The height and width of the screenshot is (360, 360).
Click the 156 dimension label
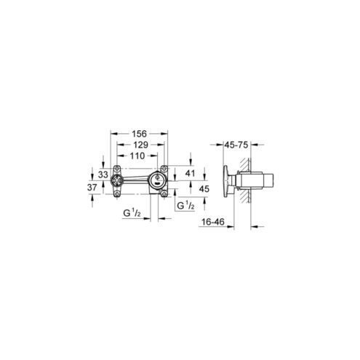[140, 134]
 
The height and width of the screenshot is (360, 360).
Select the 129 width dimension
[141, 145]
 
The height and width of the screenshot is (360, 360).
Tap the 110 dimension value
[137, 156]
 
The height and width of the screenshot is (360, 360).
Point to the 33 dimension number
[103, 175]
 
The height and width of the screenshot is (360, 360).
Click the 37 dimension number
[92, 188]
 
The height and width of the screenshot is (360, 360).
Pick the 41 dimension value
[190, 173]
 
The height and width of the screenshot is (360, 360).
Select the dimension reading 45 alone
[204, 188]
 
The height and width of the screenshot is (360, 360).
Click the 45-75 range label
[236, 145]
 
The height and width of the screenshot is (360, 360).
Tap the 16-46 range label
[213, 222]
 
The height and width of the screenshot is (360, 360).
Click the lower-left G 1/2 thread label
[132, 213]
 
